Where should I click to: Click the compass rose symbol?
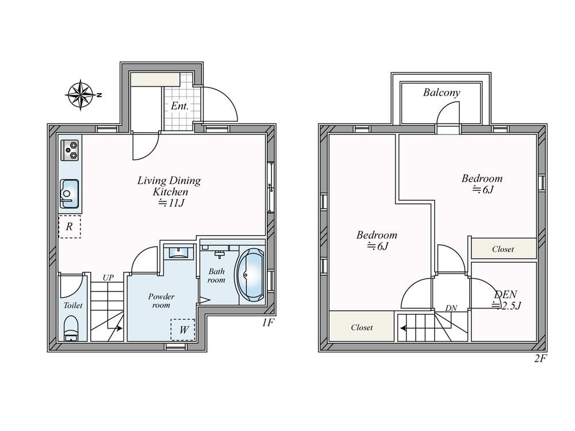tap(80, 94)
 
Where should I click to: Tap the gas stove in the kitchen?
tap(71, 150)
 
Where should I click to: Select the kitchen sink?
tap(70, 192)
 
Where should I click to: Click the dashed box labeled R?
tap(70, 226)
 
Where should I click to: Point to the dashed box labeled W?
tap(183, 329)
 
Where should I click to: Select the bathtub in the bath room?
tap(250, 275)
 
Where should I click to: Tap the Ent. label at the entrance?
tap(179, 106)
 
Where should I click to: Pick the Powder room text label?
tap(161, 301)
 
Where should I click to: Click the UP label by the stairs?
tap(108, 278)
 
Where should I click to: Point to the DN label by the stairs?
tap(451, 308)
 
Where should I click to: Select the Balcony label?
tap(442, 93)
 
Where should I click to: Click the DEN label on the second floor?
tap(505, 294)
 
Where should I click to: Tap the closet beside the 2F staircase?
tap(362, 327)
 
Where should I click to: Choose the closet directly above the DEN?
tap(503, 249)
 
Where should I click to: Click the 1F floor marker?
tap(268, 323)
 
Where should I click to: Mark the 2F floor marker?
tap(539, 359)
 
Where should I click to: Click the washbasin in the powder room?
tap(179, 253)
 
